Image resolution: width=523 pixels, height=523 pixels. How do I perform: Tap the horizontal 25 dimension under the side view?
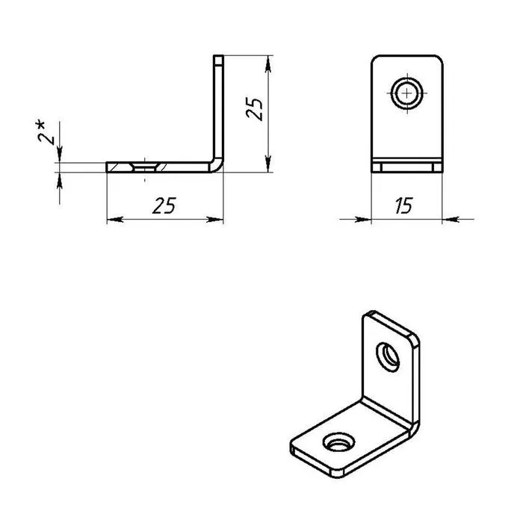pos(164,205)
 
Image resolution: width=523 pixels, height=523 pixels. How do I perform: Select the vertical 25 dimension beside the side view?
pos(254,109)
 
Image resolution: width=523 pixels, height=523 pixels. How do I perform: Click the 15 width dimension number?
pos(404,205)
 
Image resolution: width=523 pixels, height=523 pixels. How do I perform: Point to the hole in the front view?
pos(407,93)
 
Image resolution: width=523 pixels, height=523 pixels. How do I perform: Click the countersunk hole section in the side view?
pos(145,167)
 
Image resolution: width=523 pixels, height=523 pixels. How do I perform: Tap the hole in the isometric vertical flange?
pos(388,356)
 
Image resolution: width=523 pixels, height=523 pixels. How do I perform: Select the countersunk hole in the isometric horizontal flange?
pos(338,442)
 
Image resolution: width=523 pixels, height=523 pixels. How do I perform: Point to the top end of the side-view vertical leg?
pos(218,56)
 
